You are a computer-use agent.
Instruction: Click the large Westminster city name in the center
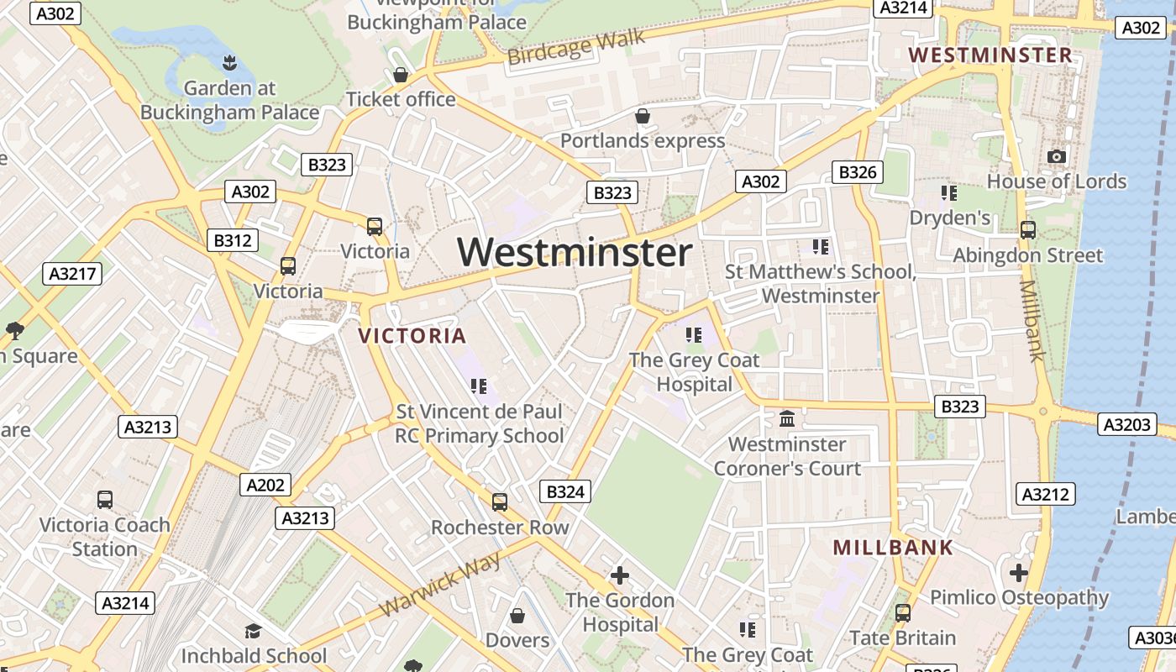(575, 252)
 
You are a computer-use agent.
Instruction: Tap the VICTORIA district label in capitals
(412, 336)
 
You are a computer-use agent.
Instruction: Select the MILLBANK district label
(893, 548)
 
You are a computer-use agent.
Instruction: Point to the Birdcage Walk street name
(576, 47)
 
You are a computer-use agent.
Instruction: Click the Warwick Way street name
(440, 585)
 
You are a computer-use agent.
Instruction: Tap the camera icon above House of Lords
(1057, 156)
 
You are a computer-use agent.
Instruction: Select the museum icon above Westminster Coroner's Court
(787, 418)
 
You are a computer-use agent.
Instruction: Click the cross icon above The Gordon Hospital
(620, 575)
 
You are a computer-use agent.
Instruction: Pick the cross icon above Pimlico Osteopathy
(1018, 573)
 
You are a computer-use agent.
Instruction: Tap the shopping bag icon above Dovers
(517, 616)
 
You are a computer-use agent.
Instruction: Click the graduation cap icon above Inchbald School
(253, 631)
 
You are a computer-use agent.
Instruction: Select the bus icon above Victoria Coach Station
(105, 500)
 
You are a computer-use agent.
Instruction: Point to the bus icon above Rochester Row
(500, 502)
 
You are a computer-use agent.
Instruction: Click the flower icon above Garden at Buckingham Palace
(228, 62)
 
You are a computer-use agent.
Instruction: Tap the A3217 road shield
(72, 274)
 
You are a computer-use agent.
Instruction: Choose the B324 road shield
(564, 491)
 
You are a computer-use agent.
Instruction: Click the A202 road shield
(266, 485)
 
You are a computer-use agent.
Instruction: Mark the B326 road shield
(857, 172)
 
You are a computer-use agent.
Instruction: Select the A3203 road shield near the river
(1126, 424)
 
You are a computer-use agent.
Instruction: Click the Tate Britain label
(902, 638)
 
